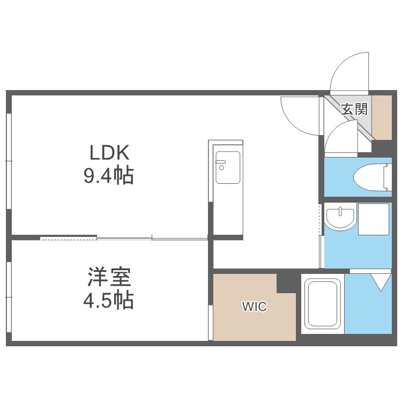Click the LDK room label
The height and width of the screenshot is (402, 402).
[x=109, y=153]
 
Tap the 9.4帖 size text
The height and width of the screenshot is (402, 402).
[x=109, y=176]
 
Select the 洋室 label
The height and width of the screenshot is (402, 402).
[x=109, y=277]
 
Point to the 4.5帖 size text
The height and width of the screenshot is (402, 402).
[x=109, y=300]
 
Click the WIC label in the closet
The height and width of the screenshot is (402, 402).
[x=255, y=307]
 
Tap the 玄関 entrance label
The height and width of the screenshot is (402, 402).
[x=355, y=109]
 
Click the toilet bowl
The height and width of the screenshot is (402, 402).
[x=369, y=177]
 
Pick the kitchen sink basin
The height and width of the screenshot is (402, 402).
[x=228, y=167]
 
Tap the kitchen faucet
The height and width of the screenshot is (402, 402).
[x=221, y=164]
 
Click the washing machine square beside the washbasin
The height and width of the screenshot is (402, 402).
[x=373, y=219]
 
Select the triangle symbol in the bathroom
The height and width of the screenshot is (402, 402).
[x=381, y=282]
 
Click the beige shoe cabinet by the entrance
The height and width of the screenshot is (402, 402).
[x=382, y=118]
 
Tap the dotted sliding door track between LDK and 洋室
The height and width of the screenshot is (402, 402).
[x=69, y=239]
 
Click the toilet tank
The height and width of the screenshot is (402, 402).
[x=388, y=177]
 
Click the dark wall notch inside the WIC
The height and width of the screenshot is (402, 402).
[x=286, y=284]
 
